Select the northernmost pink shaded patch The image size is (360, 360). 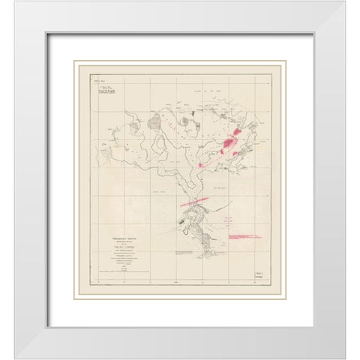pyautogui.click(x=238, y=132)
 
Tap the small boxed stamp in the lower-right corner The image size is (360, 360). pyautogui.click(x=259, y=276)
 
